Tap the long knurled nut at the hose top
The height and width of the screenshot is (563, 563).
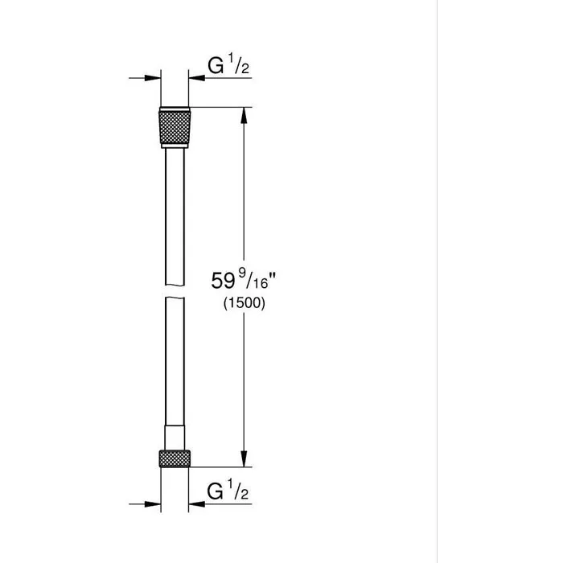[x=175, y=125]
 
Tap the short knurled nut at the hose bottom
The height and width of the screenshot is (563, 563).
[x=175, y=459]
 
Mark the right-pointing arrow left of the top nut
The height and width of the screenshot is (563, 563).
[x=153, y=78]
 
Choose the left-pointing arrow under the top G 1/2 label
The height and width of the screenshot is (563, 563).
[x=198, y=78]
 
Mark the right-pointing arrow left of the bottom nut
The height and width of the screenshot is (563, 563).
[x=153, y=503]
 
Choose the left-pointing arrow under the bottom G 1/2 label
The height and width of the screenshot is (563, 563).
[x=198, y=503]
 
